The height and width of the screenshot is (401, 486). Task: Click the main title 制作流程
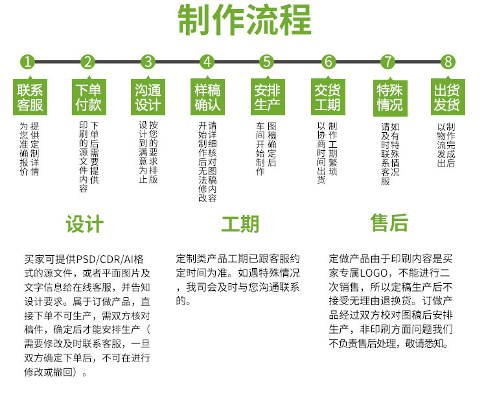pyautogui.click(x=244, y=21)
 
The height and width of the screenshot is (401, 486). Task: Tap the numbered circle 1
pyautogui.click(x=27, y=62)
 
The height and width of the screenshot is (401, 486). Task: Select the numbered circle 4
pyautogui.click(x=207, y=62)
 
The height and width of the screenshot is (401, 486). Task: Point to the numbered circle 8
pyautogui.click(x=447, y=62)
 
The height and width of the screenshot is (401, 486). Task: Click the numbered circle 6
pyautogui.click(x=329, y=62)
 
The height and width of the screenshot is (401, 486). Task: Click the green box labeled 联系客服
pyautogui.click(x=30, y=97)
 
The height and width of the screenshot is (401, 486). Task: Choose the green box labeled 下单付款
pyautogui.click(x=88, y=97)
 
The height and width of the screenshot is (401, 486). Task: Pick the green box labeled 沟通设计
pyautogui.click(x=148, y=97)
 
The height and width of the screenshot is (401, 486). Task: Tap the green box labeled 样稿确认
pyautogui.click(x=208, y=97)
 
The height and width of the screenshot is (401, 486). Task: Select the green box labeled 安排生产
pyautogui.click(x=267, y=97)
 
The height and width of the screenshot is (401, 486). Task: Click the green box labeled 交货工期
pyautogui.click(x=328, y=97)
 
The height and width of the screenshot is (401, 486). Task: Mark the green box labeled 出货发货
pyautogui.click(x=447, y=97)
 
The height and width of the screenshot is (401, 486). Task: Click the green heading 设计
pyautogui.click(x=85, y=224)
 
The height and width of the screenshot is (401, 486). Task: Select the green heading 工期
pyautogui.click(x=240, y=224)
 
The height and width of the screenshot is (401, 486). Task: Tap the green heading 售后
pyautogui.click(x=389, y=223)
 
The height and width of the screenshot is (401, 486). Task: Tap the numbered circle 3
pyautogui.click(x=148, y=62)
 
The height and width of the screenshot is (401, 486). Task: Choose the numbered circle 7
pyautogui.click(x=388, y=62)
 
